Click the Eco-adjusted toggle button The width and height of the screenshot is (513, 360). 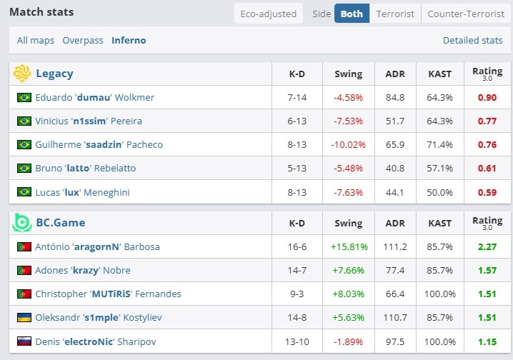click(x=269, y=14)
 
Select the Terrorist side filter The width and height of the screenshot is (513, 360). click(x=395, y=14)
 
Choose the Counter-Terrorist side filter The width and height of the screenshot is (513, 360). click(x=465, y=14)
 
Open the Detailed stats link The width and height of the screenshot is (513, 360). click(x=472, y=41)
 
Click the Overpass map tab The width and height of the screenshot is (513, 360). click(x=83, y=41)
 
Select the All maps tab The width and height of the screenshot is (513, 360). click(x=36, y=41)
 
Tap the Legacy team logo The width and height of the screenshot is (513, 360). click(x=22, y=74)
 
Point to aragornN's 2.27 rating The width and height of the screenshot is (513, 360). click(x=487, y=247)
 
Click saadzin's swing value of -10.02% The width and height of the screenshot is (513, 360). click(x=348, y=145)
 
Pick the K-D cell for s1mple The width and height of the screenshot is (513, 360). click(x=297, y=318)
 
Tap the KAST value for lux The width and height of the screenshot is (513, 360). click(x=439, y=192)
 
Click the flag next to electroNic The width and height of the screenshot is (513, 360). click(x=24, y=341)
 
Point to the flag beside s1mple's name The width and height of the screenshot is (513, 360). click(x=24, y=318)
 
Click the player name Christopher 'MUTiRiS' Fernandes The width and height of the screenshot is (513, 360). click(x=108, y=294)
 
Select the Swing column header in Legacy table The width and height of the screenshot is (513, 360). click(x=348, y=74)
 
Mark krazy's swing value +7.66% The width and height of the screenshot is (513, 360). click(x=348, y=271)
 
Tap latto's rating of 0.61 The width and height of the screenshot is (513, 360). click(x=487, y=169)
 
